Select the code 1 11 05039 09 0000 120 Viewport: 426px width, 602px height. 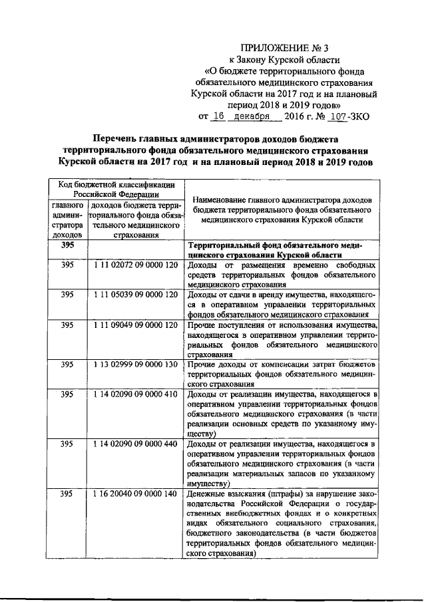tap(136, 295)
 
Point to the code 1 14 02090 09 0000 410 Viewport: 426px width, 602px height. tap(136, 394)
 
